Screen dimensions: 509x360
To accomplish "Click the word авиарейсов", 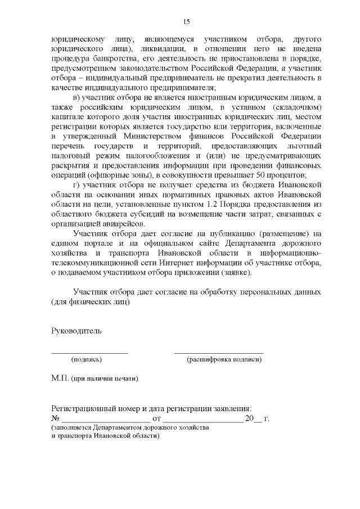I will pos(120,223).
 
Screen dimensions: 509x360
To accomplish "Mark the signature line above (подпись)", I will pos(89,353).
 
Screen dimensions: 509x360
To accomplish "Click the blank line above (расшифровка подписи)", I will pos(218,353).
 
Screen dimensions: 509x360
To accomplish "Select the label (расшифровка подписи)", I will pos(224,359).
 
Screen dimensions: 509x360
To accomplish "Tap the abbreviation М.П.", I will pos(60,378).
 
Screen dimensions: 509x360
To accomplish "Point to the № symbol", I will pos(55,419).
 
